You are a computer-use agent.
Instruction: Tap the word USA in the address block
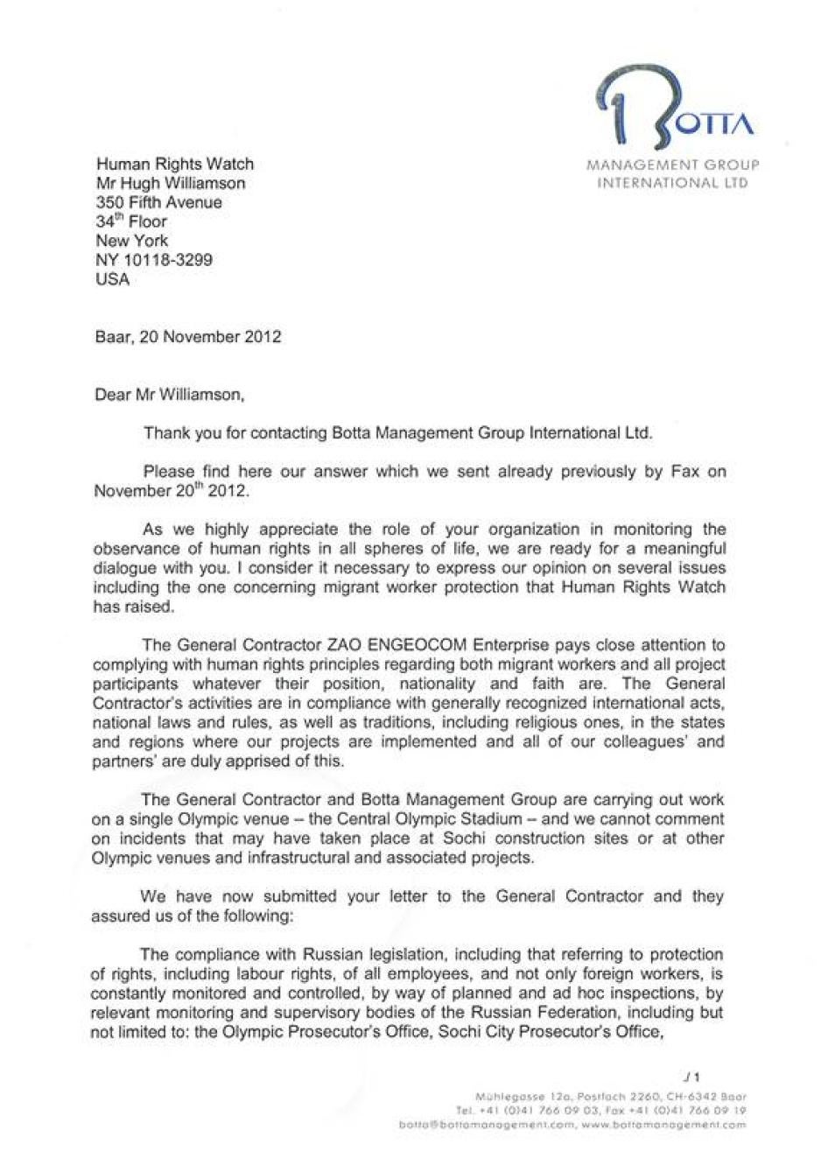[112, 279]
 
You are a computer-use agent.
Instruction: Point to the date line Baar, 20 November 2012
[187, 337]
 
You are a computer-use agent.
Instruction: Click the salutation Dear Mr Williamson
[169, 395]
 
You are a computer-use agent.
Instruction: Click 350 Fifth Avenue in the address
[158, 202]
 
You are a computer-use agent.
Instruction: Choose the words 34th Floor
[130, 221]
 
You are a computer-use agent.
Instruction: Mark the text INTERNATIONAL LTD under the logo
[672, 184]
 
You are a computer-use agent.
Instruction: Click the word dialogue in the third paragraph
[123, 567]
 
